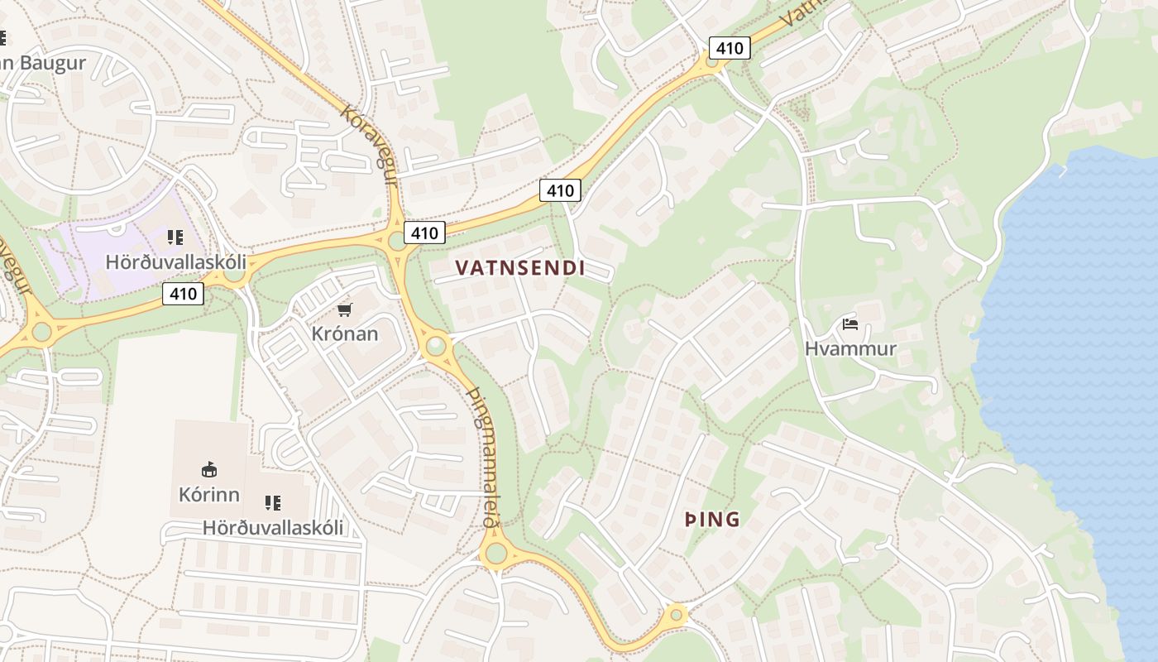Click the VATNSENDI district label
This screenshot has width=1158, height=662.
pyautogui.click(x=520, y=267)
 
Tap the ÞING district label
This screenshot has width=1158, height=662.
pyautogui.click(x=712, y=520)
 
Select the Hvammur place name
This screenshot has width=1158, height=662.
pyautogui.click(x=850, y=348)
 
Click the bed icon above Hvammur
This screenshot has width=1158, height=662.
pyautogui.click(x=850, y=324)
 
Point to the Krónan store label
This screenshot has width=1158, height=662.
pyautogui.click(x=345, y=333)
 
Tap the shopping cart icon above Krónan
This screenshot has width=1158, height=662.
pyautogui.click(x=345, y=309)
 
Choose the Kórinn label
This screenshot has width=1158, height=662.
pyautogui.click(x=209, y=494)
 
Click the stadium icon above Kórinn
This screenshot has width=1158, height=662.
pyautogui.click(x=209, y=470)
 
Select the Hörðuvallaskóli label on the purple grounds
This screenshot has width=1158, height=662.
pyautogui.click(x=175, y=261)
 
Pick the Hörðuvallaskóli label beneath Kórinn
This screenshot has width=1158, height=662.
pyautogui.click(x=273, y=527)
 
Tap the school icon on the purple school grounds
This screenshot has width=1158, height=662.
pyautogui.click(x=175, y=237)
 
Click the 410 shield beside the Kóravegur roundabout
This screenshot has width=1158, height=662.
pyautogui.click(x=424, y=233)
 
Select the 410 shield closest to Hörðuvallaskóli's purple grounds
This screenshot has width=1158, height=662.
pyautogui.click(x=183, y=293)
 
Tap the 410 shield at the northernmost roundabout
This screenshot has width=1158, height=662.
pyautogui.click(x=730, y=48)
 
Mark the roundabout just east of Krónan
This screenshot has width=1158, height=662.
pyautogui.click(x=435, y=344)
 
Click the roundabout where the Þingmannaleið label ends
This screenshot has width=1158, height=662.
pyautogui.click(x=495, y=553)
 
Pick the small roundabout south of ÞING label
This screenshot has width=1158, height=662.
pyautogui.click(x=677, y=615)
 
